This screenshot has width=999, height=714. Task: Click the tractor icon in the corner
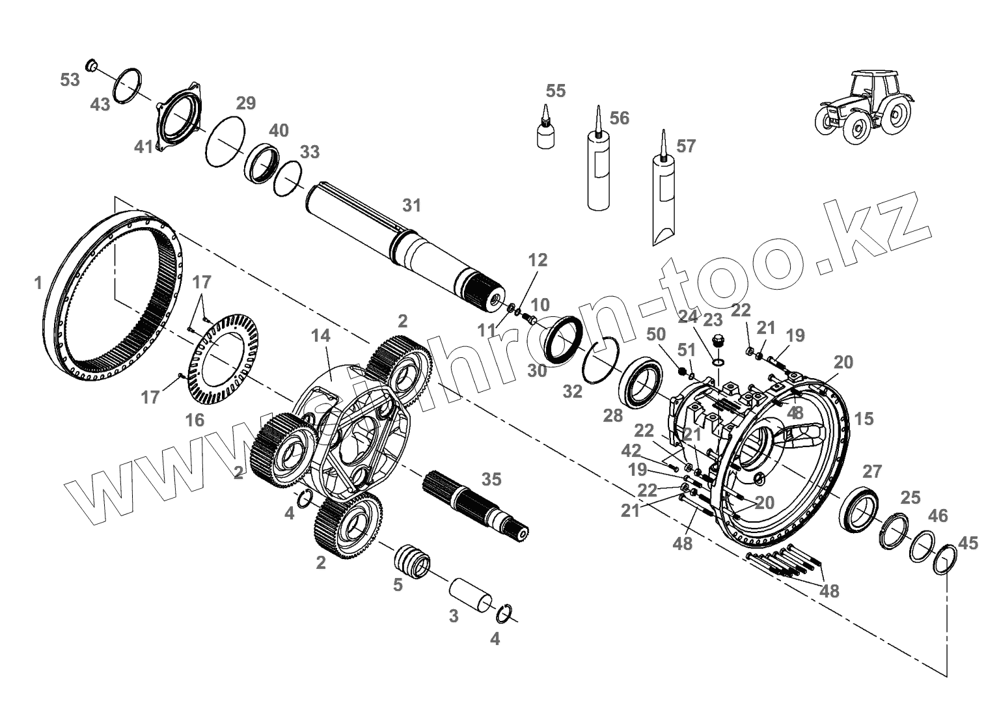pos(863,107)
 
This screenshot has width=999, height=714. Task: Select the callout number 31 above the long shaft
pos(411,206)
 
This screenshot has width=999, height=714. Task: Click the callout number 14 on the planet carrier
pos(320,336)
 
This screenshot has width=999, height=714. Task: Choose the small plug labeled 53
pos(92,64)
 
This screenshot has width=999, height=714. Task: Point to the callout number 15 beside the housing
pos(864,419)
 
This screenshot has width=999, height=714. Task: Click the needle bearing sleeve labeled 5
pos(412,560)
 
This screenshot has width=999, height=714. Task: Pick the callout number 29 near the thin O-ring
pos(246,103)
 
